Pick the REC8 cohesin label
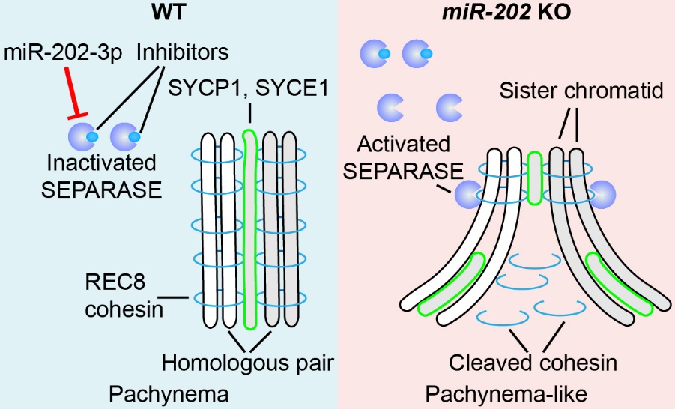click(x=124, y=297)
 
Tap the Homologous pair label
click(x=248, y=363)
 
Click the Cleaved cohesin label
click(x=533, y=363)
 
